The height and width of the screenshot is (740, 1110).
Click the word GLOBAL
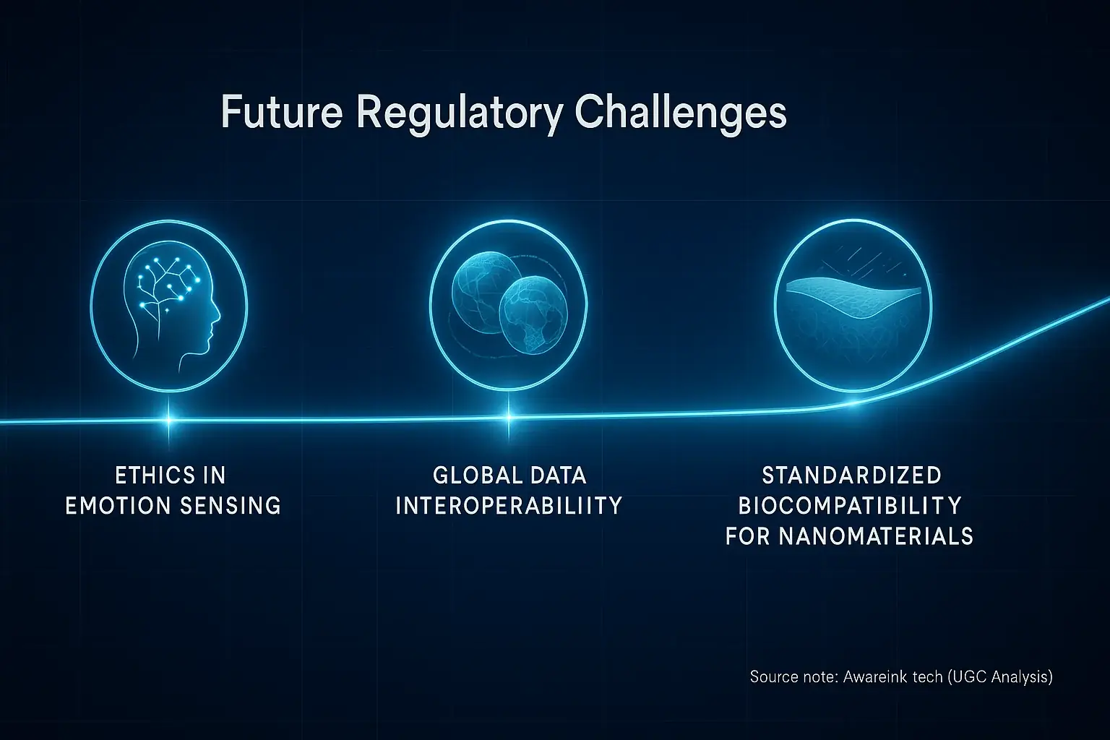pos(473,476)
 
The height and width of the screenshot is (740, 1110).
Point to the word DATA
pos(557,476)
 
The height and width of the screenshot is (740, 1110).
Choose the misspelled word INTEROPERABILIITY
pos(509,505)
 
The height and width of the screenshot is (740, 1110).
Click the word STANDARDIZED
pos(851,476)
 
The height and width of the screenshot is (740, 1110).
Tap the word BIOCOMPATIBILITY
pos(850,505)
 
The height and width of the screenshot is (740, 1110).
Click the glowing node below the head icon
pos(170,418)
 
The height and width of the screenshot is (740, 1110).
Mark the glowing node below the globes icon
pos(508,417)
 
